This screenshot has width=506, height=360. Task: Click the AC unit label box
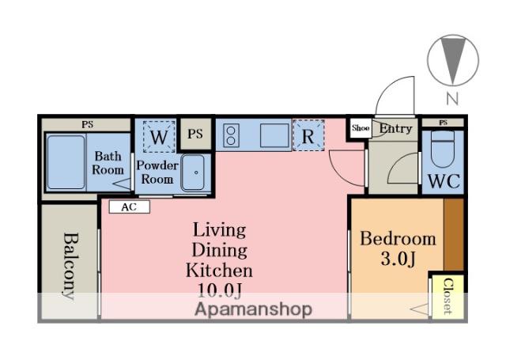pos(130,207)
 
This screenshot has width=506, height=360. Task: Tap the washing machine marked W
pos(159,137)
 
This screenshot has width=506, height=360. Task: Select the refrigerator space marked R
pos(308,135)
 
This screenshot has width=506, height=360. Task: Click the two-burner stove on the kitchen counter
pos(231,135)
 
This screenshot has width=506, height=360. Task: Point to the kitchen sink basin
pos(274,135)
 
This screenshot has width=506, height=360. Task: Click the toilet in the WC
pos(443,149)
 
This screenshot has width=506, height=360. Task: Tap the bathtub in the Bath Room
pos(66,162)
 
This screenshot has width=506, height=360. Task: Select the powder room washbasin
pos(193,172)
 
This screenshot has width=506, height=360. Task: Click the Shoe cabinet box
pos(361,128)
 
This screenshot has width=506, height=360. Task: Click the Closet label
pos(447,296)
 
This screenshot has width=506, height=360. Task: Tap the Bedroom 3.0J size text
pos(398,259)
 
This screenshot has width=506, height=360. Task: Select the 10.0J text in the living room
pos(219,290)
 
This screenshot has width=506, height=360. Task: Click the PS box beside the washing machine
pos(195,134)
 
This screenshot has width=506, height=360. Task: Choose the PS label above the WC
pos(443,123)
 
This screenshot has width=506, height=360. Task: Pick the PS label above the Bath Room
pos(87,124)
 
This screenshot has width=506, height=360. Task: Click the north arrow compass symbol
pos(453,60)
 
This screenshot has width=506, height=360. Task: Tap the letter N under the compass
pos(452,98)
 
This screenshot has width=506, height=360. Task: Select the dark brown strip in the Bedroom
pos(454,234)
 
